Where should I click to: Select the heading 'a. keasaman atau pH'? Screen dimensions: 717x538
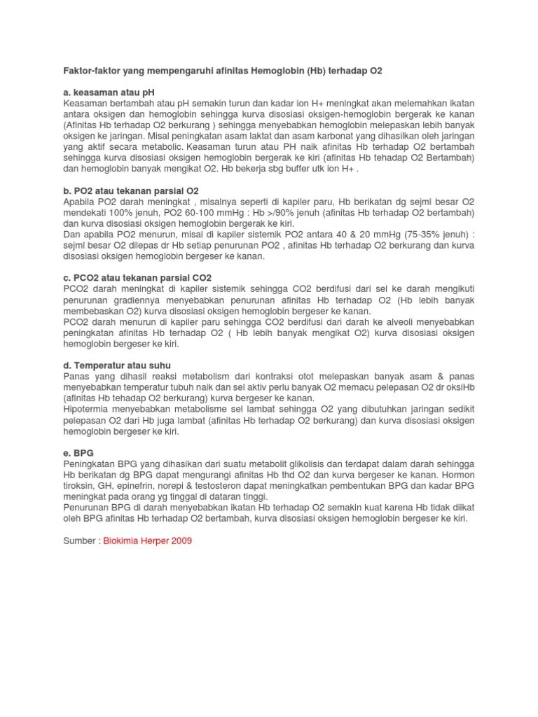108,92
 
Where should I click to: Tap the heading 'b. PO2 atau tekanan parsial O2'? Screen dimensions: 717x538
131,190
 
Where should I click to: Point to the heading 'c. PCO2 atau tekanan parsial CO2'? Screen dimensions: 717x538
137,277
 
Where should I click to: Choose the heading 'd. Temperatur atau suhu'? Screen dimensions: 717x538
117,366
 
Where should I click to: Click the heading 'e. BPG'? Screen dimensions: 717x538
79,453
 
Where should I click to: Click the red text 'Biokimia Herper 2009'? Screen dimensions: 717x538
148,541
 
